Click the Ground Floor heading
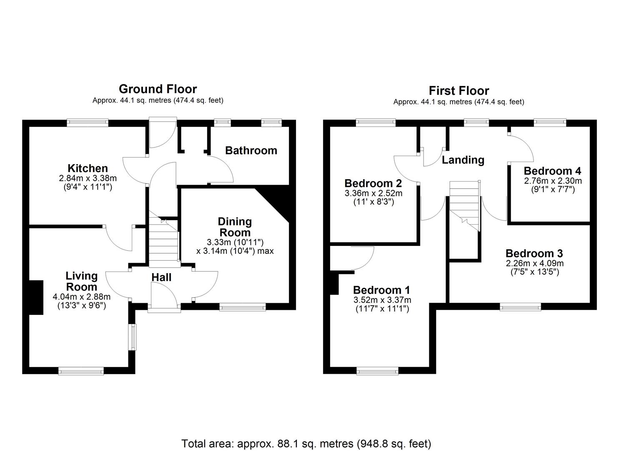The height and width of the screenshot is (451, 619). [x=158, y=89]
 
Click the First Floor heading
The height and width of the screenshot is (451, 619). [x=459, y=91]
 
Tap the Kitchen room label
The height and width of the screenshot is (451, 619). [x=88, y=168]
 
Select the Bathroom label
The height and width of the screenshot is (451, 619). [x=251, y=150]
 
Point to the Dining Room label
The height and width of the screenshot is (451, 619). [x=235, y=227]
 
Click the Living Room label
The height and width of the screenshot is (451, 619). [x=82, y=281]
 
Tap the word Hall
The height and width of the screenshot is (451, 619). [x=161, y=277]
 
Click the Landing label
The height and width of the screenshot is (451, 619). [x=463, y=160]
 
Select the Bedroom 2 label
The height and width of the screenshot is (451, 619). [x=373, y=183]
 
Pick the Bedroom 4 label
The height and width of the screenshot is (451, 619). [x=552, y=171]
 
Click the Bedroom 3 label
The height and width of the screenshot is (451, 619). [x=534, y=253]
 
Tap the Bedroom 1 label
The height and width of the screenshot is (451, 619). [x=381, y=290]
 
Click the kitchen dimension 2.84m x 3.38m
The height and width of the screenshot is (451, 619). [x=88, y=178]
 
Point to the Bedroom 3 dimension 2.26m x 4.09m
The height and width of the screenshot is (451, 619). [x=534, y=263]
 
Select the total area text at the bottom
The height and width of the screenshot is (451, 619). [x=306, y=443]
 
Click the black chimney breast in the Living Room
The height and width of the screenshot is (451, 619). [x=36, y=297]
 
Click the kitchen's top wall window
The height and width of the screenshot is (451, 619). [x=88, y=122]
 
